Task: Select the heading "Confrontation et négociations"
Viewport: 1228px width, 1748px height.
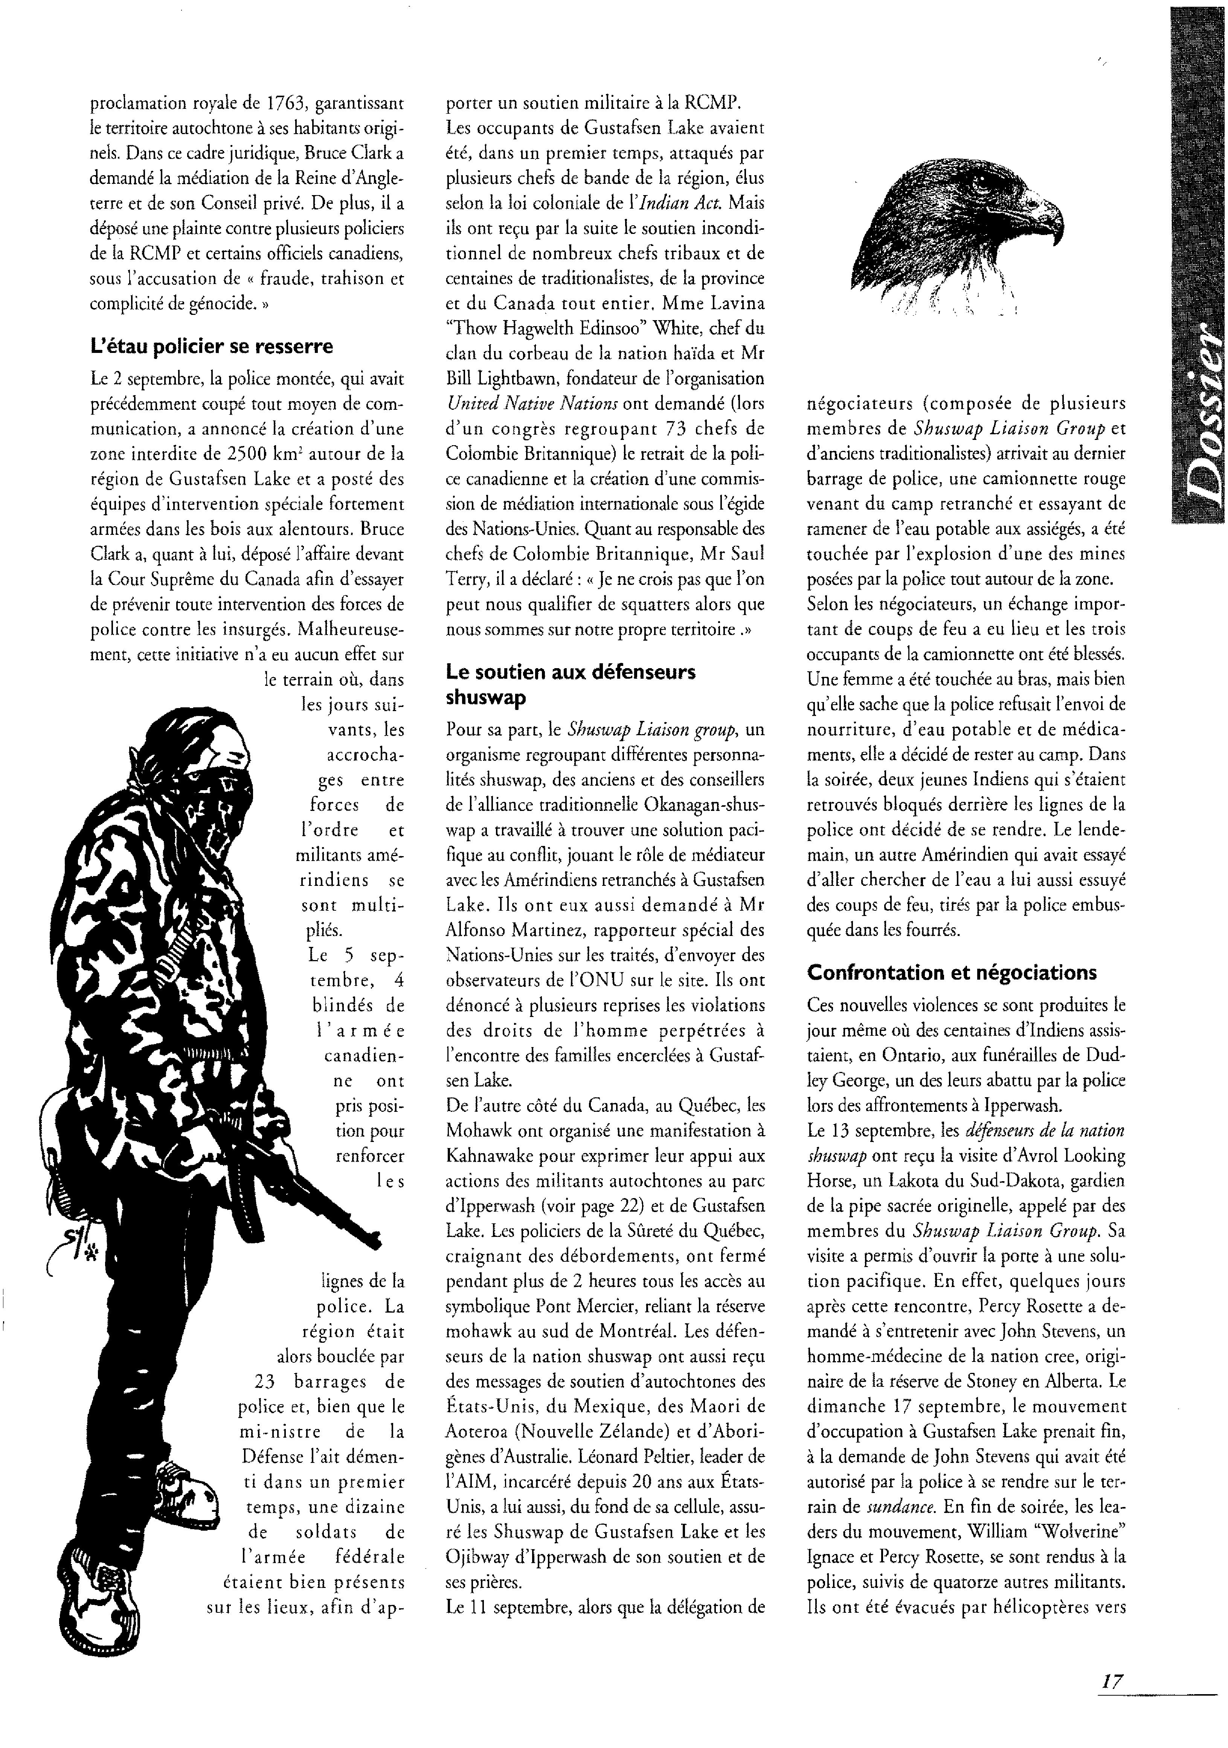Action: point(952,972)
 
